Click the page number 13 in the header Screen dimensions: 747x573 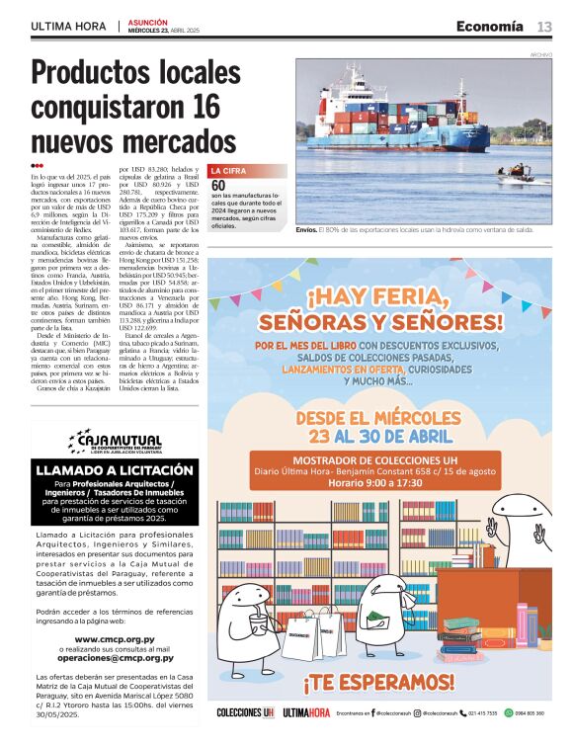pos(544,26)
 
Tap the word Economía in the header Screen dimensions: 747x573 pos(490,26)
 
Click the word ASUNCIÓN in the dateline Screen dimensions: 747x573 pos(148,22)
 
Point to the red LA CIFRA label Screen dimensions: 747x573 pos(228,171)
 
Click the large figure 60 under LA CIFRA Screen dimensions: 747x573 pos(218,185)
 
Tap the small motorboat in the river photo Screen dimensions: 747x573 pos(515,179)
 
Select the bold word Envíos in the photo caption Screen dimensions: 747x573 pos(306,229)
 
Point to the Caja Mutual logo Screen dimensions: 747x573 pos(114,440)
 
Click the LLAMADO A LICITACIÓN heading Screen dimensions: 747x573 pos(115,470)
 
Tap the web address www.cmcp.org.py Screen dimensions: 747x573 pos(115,639)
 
